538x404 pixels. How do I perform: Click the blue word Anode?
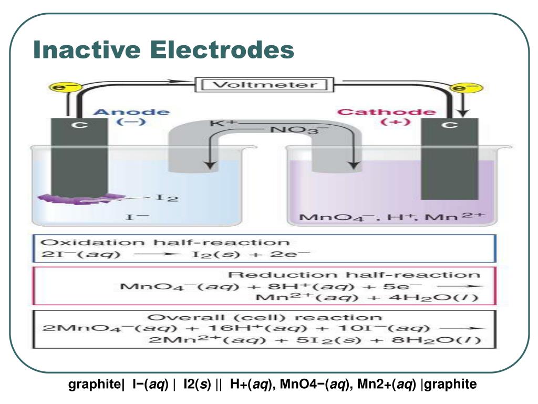tap(131, 112)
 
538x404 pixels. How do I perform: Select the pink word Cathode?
tap(386, 112)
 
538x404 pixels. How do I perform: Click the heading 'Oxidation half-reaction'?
tap(165, 243)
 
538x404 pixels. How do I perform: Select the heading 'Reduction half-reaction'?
tap(354, 275)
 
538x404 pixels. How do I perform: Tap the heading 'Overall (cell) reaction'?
tap(265, 317)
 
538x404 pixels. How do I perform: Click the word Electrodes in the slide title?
tap(221, 50)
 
